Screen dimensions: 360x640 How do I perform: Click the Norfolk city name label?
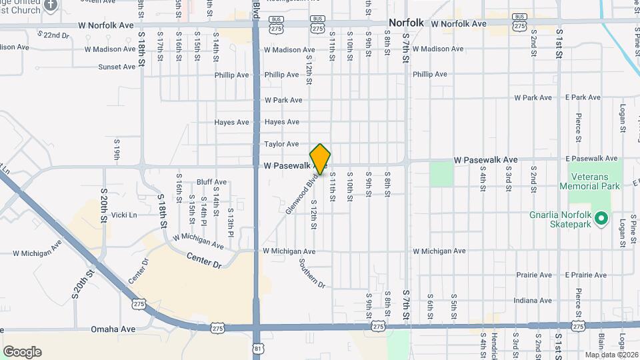406,23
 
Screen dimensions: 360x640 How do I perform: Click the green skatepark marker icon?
601,219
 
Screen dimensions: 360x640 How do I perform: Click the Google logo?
22,352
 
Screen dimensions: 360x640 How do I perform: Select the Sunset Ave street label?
117,67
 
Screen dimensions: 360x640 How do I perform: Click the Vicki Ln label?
124,215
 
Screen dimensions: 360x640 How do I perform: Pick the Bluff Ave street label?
211,182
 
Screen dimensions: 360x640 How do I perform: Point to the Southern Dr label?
311,273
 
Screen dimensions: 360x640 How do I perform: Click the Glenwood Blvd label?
299,194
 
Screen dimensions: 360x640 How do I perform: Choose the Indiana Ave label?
533,301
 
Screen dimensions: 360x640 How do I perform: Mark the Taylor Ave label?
281,144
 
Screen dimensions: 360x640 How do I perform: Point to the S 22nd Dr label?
53,35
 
